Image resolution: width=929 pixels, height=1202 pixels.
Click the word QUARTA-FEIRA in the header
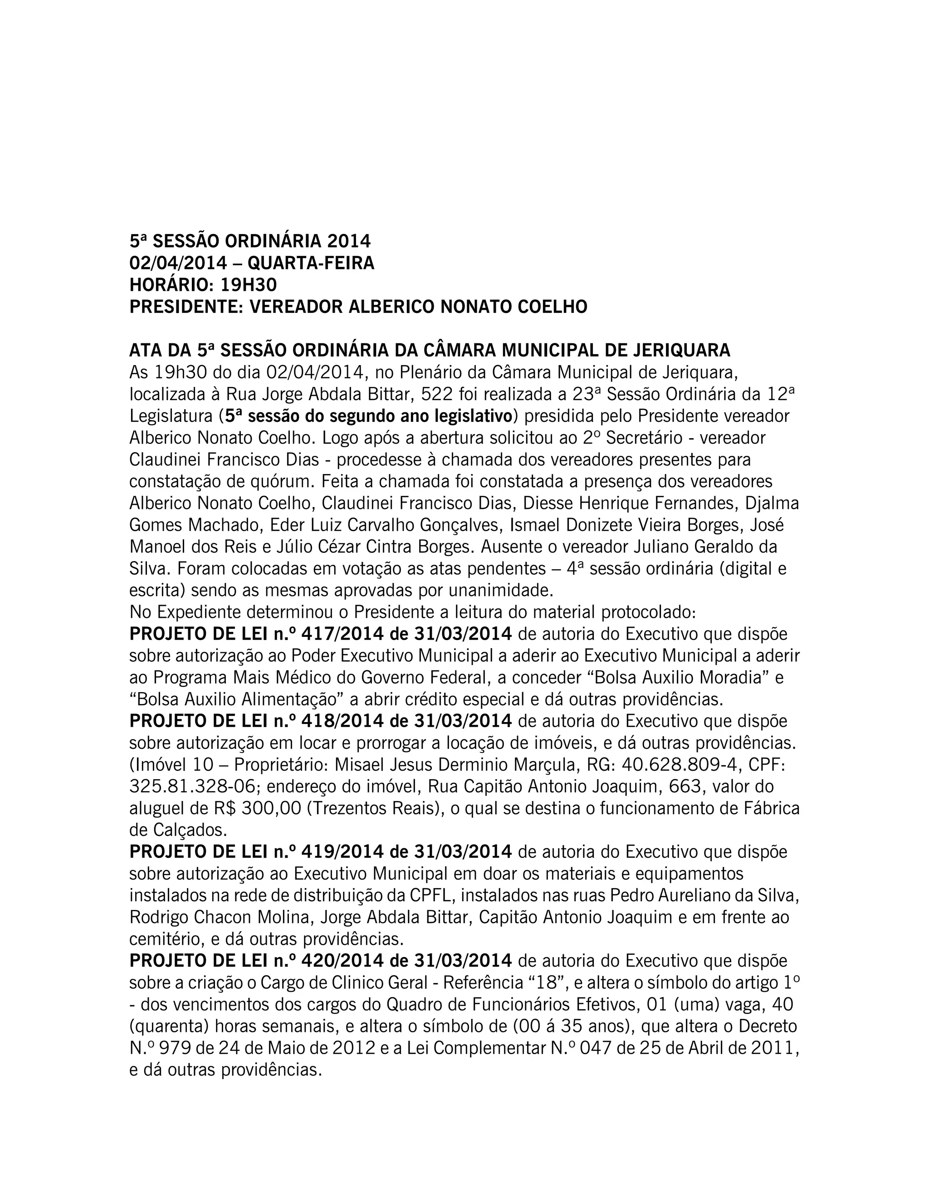[310, 264]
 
